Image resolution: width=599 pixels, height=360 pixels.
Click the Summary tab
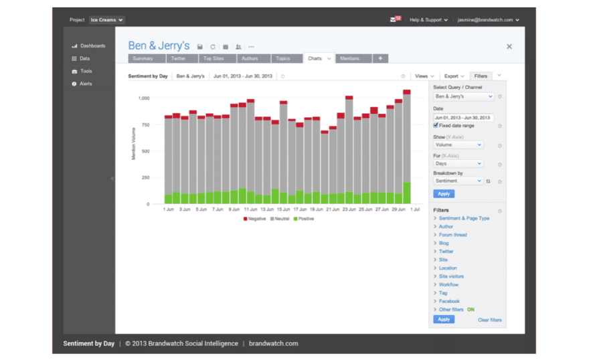[x=143, y=59]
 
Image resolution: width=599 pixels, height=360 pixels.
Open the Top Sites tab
[x=213, y=59]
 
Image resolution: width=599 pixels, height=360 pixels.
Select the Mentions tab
[x=349, y=59]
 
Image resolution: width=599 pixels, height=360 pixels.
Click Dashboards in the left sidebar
[x=92, y=46]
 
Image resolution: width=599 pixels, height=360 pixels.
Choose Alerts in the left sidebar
[x=86, y=84]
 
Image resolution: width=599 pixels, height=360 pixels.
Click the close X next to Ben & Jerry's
[x=509, y=47]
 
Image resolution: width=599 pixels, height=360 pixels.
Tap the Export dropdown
[x=454, y=76]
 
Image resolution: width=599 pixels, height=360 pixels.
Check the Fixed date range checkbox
[x=436, y=125]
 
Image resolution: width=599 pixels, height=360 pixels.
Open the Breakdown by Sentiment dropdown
[x=458, y=181]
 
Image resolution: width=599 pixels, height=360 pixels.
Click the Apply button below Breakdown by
[x=443, y=193]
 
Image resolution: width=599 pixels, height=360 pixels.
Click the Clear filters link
[x=489, y=320]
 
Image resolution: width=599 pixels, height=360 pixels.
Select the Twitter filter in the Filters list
[x=446, y=252]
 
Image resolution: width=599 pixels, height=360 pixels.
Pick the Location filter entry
[x=448, y=268]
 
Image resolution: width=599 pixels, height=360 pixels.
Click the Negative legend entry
[x=255, y=219]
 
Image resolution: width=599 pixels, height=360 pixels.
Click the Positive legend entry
[x=303, y=219]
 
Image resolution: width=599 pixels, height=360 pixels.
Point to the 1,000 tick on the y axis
[x=144, y=98]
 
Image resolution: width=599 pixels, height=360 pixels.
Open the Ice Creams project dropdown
[x=106, y=20]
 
